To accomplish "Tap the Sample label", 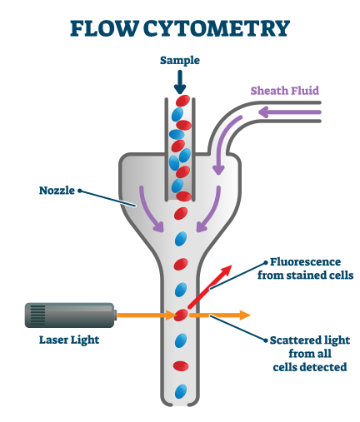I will pos(180,62).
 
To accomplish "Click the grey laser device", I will pos(70,315).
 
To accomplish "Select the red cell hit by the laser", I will pos(181,315).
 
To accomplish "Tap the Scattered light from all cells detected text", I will pos(308,353).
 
